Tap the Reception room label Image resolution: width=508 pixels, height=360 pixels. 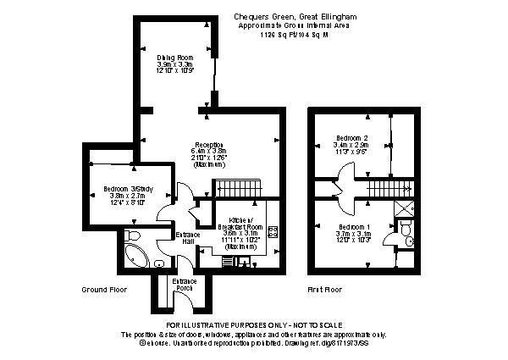click(x=209, y=144)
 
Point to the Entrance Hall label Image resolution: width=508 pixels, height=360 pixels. click(x=186, y=238)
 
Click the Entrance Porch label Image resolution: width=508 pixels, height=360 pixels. click(x=185, y=285)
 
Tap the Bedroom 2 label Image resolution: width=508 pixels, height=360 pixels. click(x=352, y=137)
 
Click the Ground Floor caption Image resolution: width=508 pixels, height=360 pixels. click(x=105, y=290)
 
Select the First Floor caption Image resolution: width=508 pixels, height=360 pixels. click(x=325, y=290)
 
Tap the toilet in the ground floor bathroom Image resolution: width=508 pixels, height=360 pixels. click(x=132, y=235)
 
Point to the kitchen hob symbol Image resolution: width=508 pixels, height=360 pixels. click(x=273, y=231)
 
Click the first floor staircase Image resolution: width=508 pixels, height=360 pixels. click(x=391, y=189)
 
